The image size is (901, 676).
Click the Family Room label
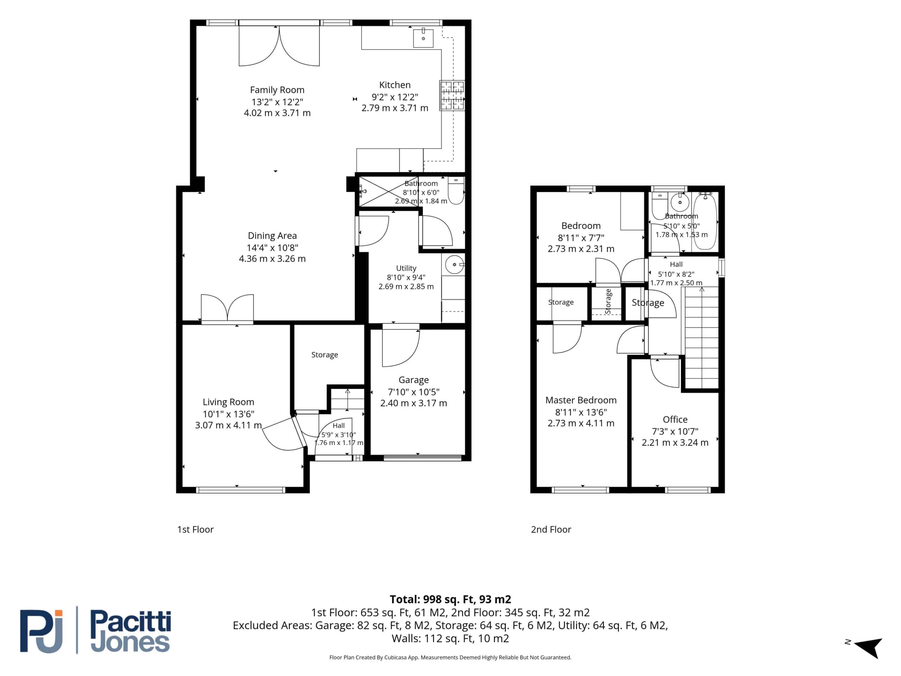coord(277,90)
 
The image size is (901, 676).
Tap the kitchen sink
coord(423,38)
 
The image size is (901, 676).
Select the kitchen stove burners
coord(452,96)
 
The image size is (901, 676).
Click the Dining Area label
coord(272,236)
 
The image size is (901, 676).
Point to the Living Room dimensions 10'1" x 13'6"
coord(228,414)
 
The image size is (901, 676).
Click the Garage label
coord(414,380)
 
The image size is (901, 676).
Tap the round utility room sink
coord(454,265)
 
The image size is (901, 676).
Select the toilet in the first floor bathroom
coord(456,190)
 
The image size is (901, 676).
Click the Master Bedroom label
coord(581,400)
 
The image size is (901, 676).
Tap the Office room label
coord(675,419)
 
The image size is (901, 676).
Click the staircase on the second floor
coord(701,337)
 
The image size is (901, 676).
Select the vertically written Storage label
coord(608,301)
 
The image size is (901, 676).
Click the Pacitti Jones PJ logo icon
coord(42,631)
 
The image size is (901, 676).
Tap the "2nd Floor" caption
coord(551,529)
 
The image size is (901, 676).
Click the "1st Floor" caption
coord(195,529)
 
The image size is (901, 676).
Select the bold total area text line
coord(450,599)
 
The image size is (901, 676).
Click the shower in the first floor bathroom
coord(389,191)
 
